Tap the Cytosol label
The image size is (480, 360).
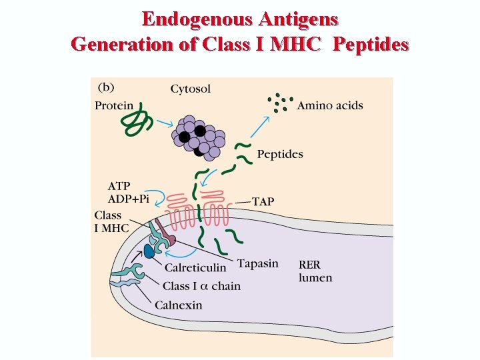190,89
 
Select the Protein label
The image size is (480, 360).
114,105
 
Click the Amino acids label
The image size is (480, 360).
330,105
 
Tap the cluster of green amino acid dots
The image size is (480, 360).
280,102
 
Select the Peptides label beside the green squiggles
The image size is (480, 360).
280,155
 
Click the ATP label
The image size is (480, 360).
120,186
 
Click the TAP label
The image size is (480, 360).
263,201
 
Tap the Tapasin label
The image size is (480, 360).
257,263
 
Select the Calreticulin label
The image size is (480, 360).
195,267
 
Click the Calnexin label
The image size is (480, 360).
178,305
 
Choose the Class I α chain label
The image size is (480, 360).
201,286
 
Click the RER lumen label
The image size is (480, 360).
315,270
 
